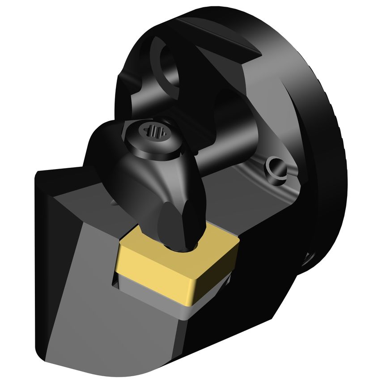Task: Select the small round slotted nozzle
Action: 276,170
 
